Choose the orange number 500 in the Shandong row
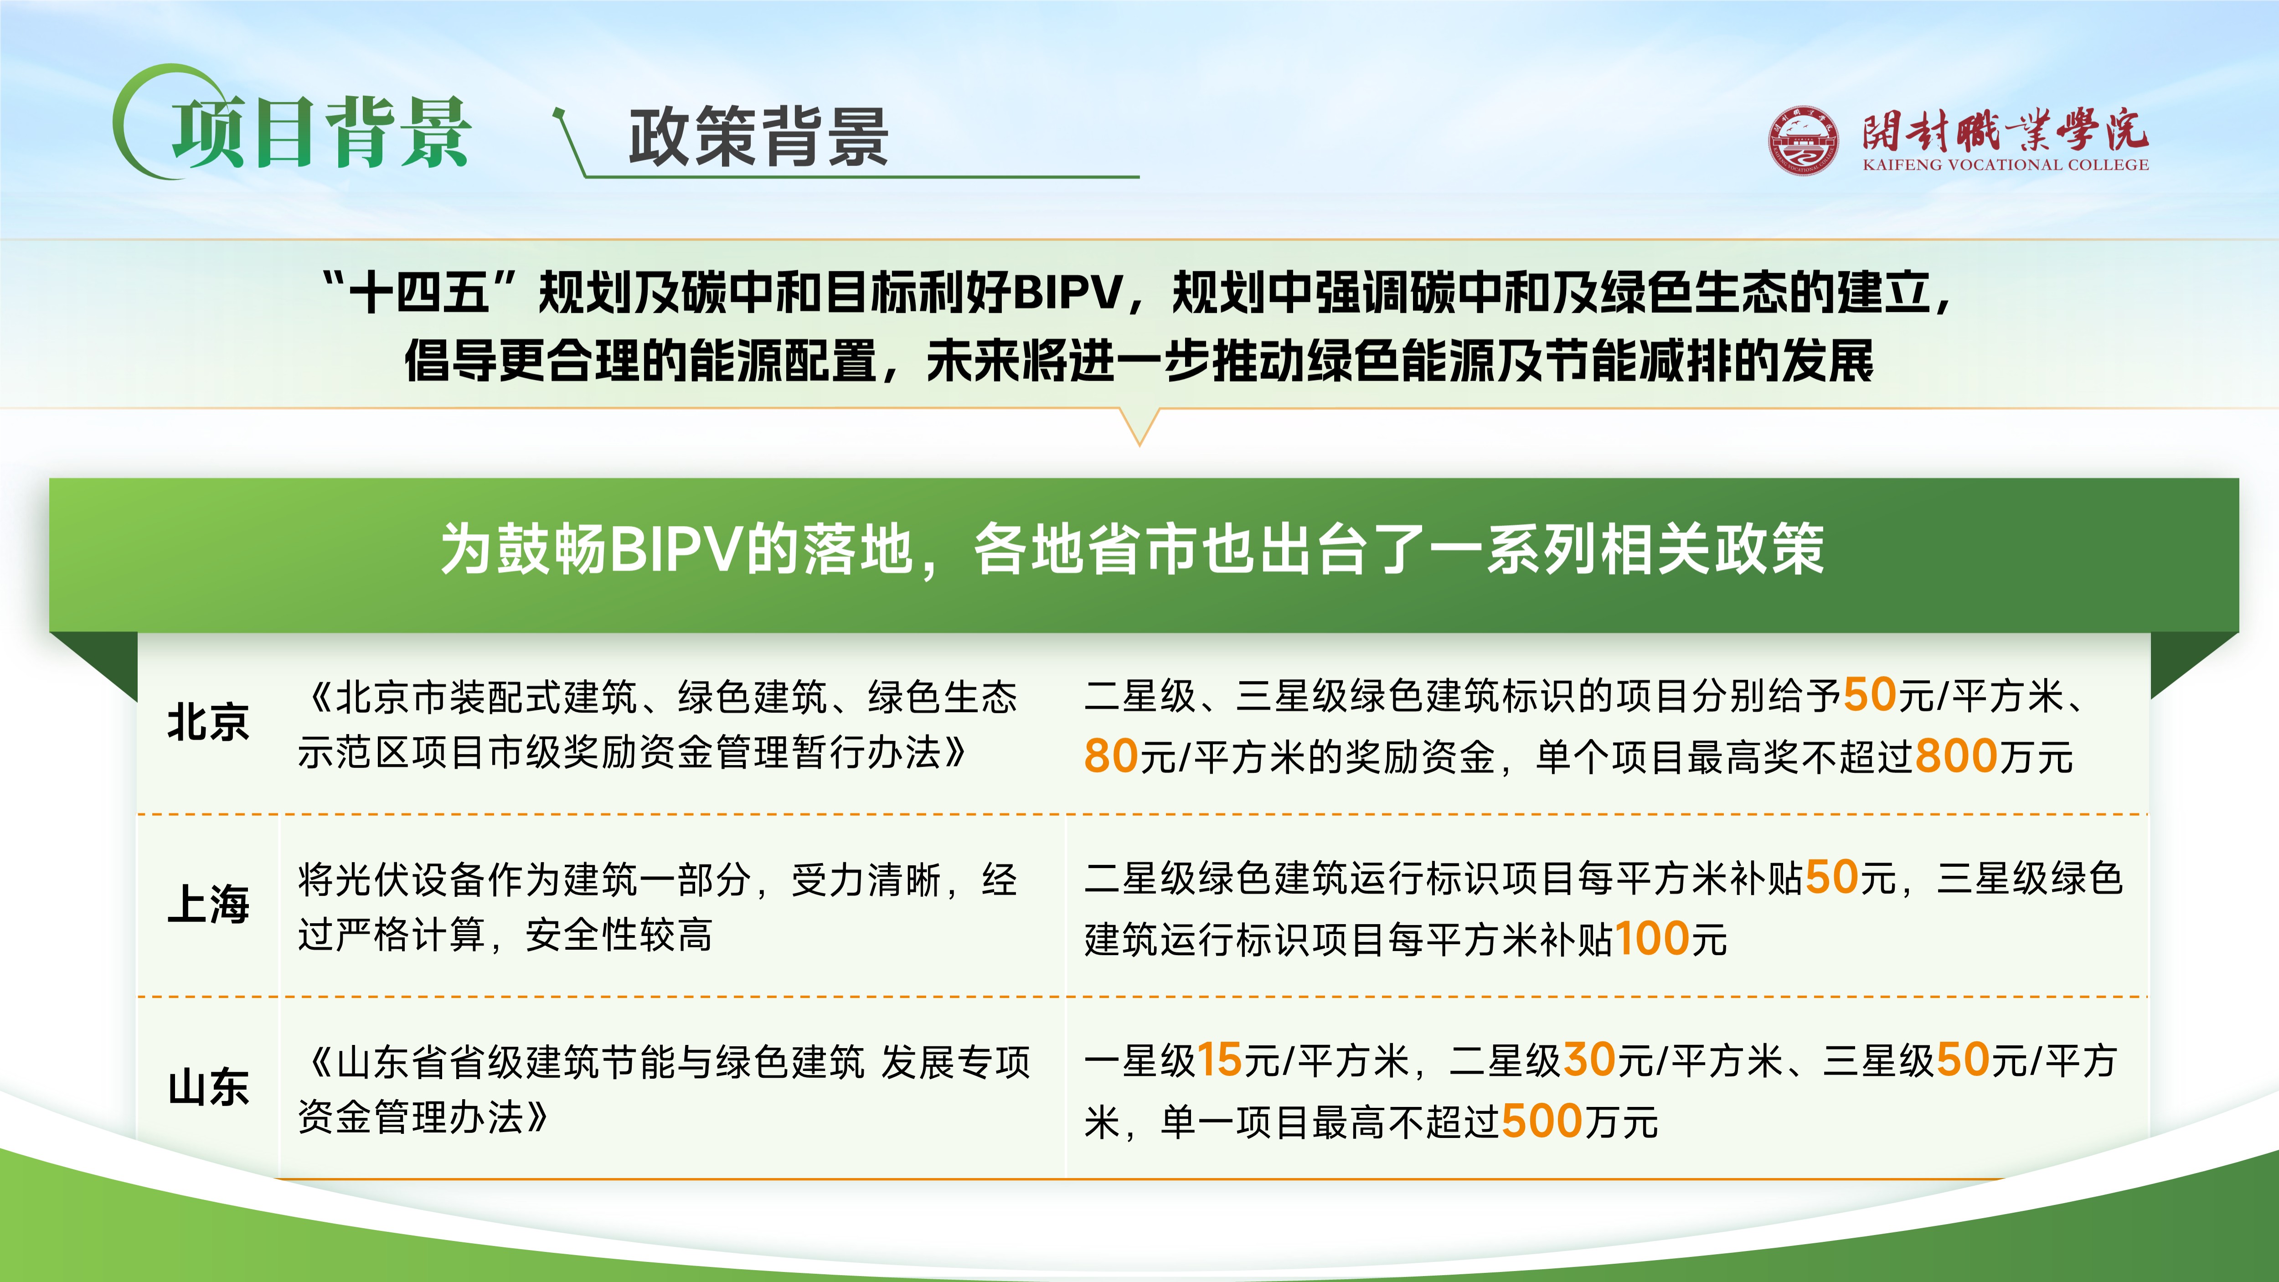tap(1542, 1121)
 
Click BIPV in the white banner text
tap(678, 548)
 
